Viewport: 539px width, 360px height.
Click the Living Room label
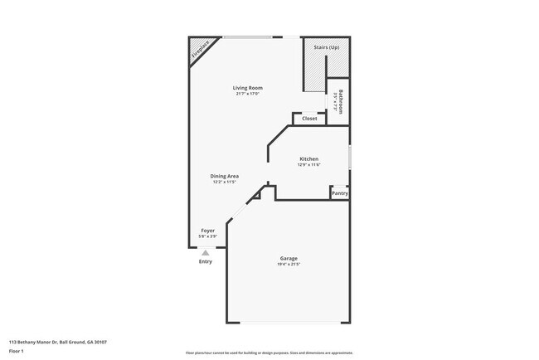pos(247,87)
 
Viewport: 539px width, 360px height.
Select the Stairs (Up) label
pos(326,48)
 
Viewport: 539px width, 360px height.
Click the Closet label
pos(309,119)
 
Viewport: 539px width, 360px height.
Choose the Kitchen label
pos(308,158)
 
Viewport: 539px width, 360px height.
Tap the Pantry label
pos(339,193)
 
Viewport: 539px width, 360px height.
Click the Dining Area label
pos(224,176)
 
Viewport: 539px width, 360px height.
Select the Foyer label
pos(208,231)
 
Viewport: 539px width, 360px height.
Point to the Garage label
pos(289,259)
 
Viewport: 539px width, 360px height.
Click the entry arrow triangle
pos(206,252)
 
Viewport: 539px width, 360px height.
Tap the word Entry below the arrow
pos(206,262)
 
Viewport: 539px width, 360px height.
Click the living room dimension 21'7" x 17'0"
pos(247,94)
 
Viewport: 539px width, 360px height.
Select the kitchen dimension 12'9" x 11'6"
pos(308,165)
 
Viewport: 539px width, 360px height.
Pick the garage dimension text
pos(289,265)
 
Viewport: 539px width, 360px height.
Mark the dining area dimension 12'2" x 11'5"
pos(224,182)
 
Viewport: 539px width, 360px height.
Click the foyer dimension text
pos(208,237)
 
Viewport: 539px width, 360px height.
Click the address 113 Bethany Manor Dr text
pos(57,342)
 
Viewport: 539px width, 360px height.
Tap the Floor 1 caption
pos(17,351)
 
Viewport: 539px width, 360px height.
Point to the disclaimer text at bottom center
pos(269,353)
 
